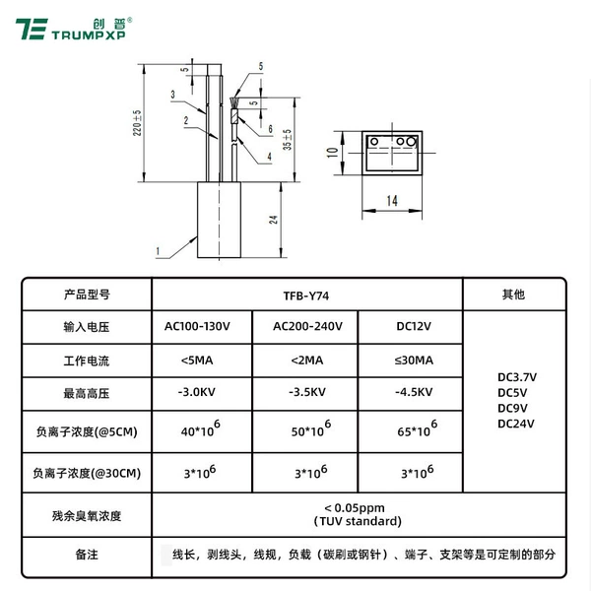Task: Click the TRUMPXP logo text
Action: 89,35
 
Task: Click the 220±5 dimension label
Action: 137,123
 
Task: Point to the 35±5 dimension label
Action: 288,140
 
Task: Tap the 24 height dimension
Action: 273,220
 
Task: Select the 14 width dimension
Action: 392,201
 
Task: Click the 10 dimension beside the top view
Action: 333,153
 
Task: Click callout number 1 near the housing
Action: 158,251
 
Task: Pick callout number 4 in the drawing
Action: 269,157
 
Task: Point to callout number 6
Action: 270,129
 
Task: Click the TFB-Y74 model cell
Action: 306,295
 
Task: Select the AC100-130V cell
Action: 197,326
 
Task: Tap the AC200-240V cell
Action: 307,326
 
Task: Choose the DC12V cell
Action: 414,326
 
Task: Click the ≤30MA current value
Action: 414,361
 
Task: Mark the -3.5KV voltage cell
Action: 307,392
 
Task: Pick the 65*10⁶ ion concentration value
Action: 418,428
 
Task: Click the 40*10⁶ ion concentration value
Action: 201,428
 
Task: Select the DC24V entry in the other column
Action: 516,424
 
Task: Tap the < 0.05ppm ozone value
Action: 355,507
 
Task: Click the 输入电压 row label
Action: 87,327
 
